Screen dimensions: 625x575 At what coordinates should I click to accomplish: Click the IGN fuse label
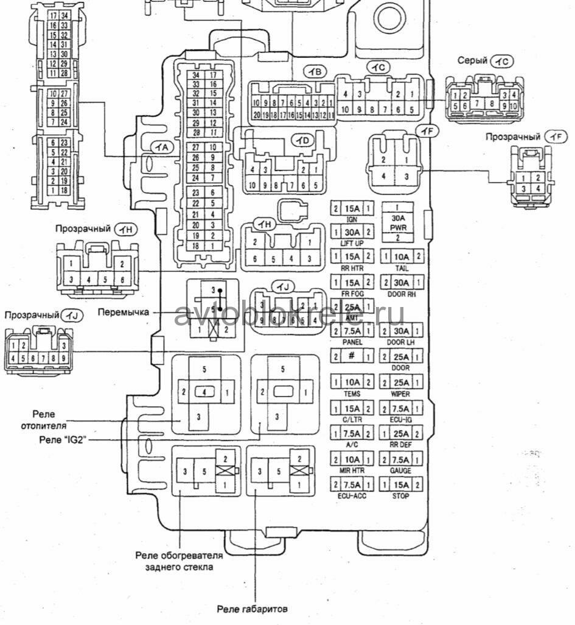click(352, 219)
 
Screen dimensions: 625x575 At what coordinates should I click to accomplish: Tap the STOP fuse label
click(401, 496)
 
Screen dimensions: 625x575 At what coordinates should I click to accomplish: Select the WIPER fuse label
click(400, 394)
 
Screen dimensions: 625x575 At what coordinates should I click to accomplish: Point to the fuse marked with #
click(352, 357)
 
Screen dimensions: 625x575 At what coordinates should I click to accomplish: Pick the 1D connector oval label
click(302, 141)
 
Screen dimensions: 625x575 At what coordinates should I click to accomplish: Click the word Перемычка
click(124, 312)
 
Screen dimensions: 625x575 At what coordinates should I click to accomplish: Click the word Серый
click(473, 61)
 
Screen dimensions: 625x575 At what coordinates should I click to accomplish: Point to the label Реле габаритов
click(253, 609)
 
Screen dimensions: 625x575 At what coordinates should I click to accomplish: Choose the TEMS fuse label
click(352, 394)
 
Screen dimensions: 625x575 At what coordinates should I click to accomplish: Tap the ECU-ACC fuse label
click(352, 496)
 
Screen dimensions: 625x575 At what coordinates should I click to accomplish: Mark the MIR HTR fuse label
click(352, 471)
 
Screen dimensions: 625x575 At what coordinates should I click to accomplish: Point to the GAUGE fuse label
click(400, 471)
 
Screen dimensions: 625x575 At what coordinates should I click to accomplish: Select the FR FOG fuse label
click(352, 294)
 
